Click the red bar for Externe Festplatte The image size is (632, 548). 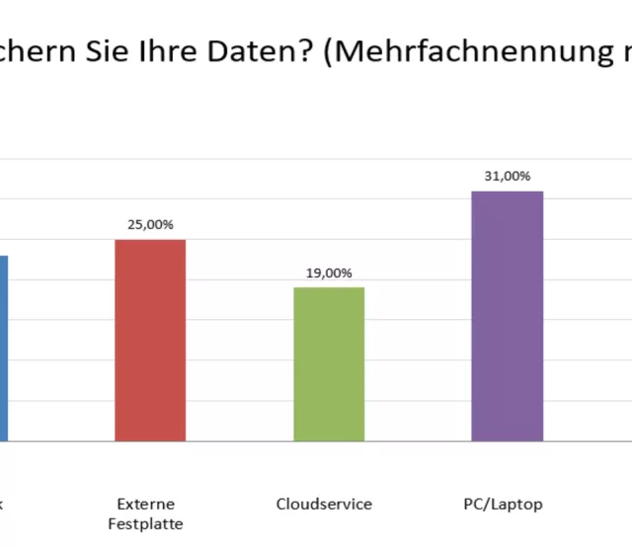150,340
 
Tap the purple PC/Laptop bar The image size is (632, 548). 507,316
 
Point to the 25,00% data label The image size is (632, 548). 150,224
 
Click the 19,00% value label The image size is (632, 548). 329,273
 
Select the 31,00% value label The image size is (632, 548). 507,176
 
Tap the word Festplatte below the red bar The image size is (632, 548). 145,523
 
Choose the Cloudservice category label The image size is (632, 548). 324,505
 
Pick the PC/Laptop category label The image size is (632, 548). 503,505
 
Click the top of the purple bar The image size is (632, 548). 507,194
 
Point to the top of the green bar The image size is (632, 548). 329,289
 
